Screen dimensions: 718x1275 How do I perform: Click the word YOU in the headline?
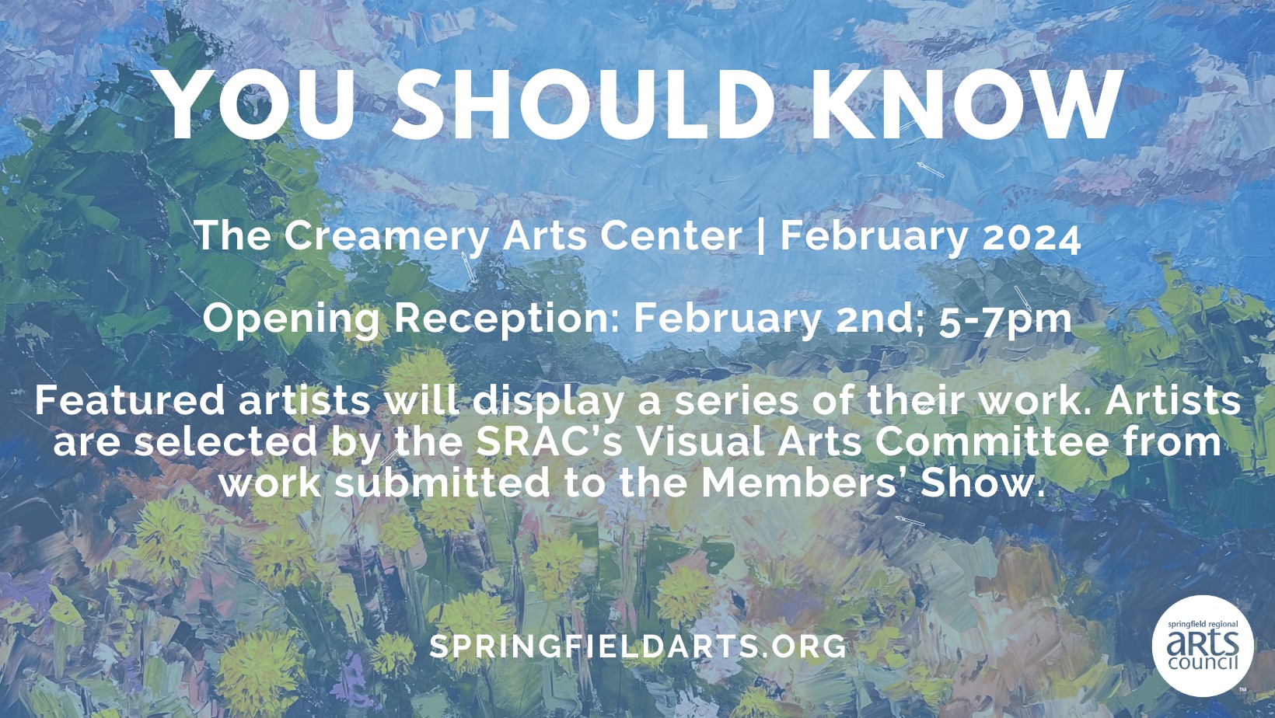point(257,106)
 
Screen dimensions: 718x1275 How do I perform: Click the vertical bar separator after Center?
point(760,236)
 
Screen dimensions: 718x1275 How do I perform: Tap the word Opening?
point(292,319)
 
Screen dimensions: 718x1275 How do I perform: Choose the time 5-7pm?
point(1004,319)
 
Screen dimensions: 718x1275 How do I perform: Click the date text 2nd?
point(879,318)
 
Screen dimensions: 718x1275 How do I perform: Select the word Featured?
point(130,400)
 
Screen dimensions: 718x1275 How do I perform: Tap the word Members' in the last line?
point(805,483)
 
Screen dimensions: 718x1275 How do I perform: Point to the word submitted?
point(442,483)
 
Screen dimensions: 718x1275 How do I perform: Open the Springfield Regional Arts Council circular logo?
point(1202,646)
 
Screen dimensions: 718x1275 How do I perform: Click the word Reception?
point(505,319)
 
